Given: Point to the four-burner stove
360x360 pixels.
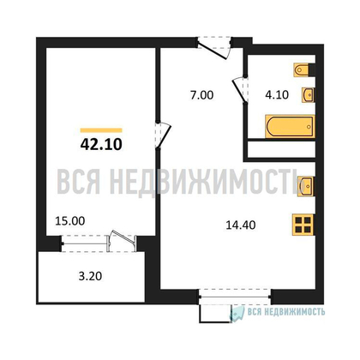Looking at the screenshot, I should tap(303, 224).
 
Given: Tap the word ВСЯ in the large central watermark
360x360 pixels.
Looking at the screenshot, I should tap(82, 183).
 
